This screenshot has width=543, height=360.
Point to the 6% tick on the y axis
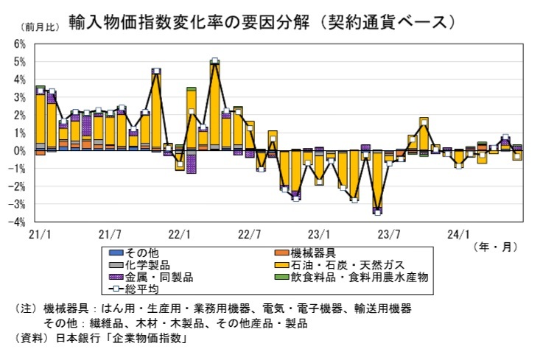pyautogui.click(x=20, y=44)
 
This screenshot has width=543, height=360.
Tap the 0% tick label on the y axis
pyautogui.click(x=20, y=151)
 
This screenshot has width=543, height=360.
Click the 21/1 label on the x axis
pyautogui.click(x=38, y=234)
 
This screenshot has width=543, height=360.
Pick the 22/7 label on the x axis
pyautogui.click(x=250, y=234)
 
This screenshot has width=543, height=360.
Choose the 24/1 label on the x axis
pyautogui.click(x=460, y=234)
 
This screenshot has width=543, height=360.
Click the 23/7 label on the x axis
pyautogui.click(x=390, y=234)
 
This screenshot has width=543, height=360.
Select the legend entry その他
pyautogui.click(x=150, y=253)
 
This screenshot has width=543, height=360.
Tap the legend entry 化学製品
pyautogui.click(x=155, y=264)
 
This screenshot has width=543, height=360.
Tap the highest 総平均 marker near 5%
pyautogui.click(x=214, y=62)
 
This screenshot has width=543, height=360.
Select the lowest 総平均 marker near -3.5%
pyautogui.click(x=377, y=211)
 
